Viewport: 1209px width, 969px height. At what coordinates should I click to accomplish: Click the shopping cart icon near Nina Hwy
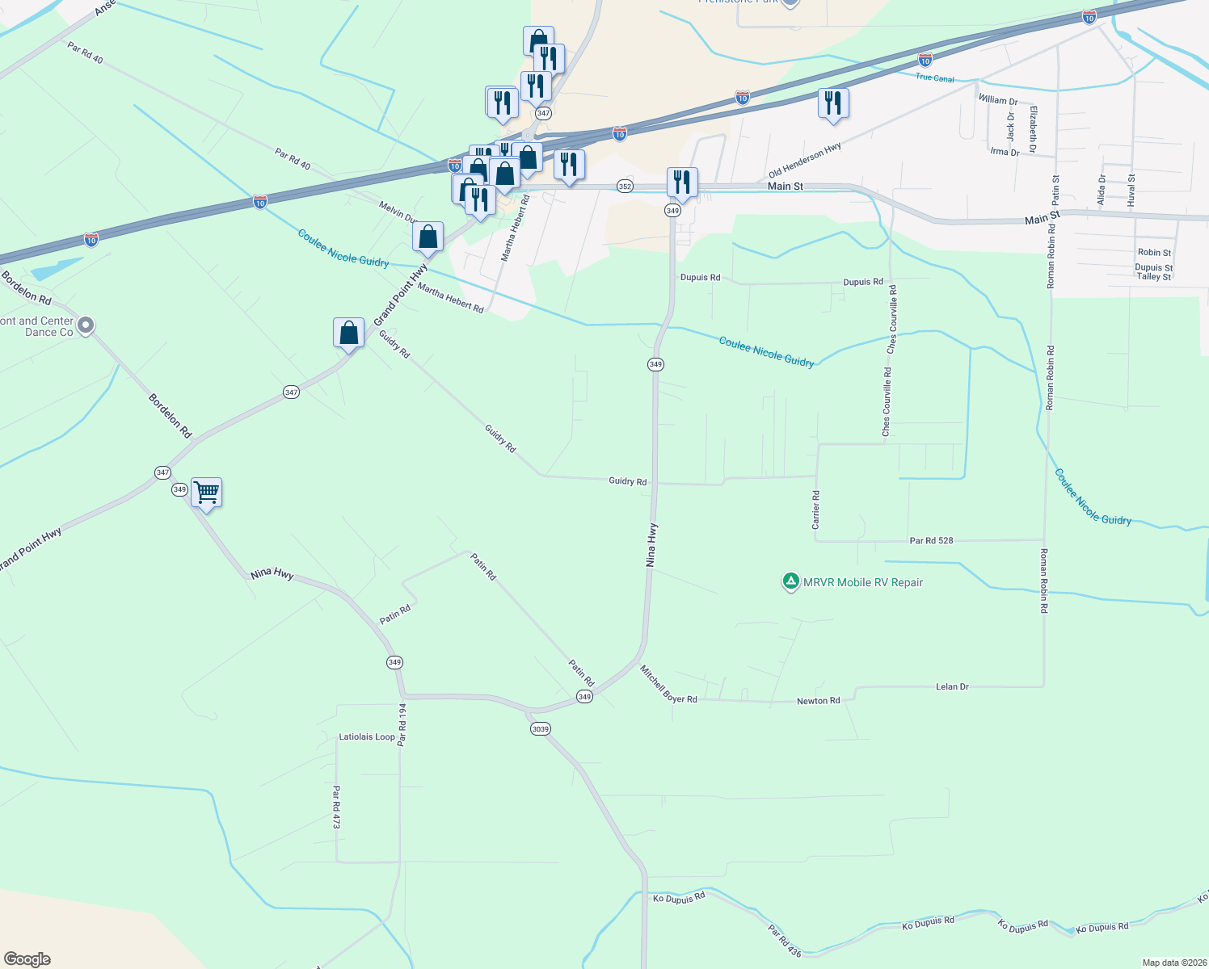point(207,492)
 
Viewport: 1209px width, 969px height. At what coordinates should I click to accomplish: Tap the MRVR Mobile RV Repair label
point(862,582)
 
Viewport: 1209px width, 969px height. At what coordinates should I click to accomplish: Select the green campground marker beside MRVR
point(790,581)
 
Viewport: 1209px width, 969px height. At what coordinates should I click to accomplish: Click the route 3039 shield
point(540,729)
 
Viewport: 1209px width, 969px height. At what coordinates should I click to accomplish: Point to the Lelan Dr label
point(952,687)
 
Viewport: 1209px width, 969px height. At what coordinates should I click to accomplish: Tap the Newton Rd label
point(818,701)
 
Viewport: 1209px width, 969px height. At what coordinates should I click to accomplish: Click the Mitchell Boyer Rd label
point(668,685)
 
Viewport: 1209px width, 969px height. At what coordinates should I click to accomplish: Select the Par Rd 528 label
point(931,540)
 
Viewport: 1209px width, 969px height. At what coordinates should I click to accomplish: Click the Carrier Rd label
point(816,510)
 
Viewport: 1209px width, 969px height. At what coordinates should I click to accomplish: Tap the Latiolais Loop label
point(367,737)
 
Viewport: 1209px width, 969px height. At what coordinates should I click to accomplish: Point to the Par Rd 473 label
point(336,807)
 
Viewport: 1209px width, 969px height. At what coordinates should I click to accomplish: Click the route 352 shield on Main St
point(625,186)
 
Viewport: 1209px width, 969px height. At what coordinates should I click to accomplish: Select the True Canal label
point(934,78)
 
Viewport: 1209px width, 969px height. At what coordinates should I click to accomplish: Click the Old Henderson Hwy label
point(805,160)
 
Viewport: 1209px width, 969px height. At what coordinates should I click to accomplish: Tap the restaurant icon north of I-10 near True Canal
point(833,103)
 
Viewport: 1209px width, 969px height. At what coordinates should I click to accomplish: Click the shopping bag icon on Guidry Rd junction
point(348,333)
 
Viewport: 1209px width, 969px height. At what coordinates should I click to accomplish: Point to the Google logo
point(27,959)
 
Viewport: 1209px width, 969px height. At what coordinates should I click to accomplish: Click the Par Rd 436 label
point(784,942)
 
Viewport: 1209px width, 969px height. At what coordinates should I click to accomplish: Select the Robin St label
point(1154,253)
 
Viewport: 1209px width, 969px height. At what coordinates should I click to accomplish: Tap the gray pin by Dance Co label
point(86,325)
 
